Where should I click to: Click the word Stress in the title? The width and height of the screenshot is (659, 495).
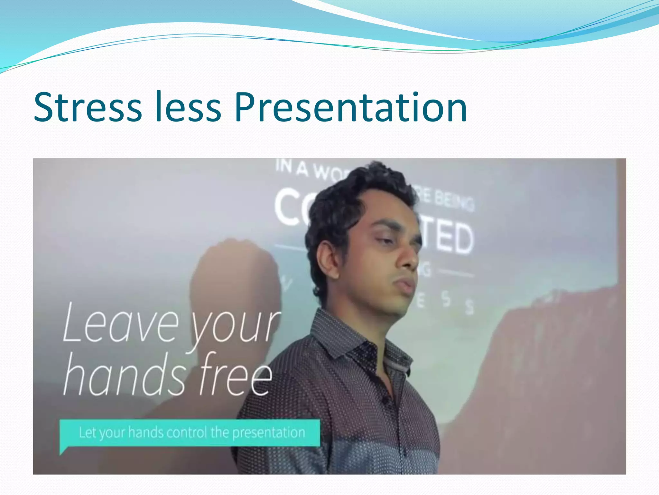click(x=88, y=107)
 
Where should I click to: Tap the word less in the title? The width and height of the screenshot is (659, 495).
click(x=188, y=107)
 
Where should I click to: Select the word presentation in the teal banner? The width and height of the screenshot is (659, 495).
click(x=269, y=433)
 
